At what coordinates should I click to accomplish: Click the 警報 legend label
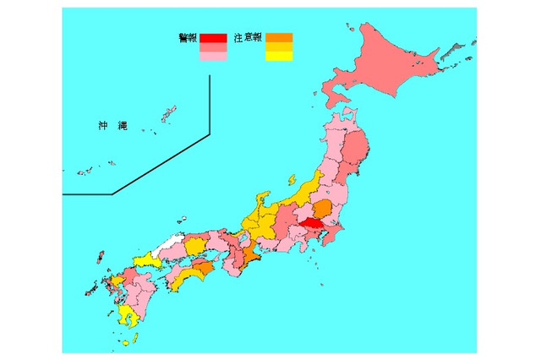click(188, 38)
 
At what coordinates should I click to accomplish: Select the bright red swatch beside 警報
click(213, 37)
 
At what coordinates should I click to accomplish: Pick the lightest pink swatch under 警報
click(213, 57)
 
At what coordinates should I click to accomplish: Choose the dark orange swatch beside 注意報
click(279, 37)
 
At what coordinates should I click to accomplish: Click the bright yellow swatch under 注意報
click(279, 57)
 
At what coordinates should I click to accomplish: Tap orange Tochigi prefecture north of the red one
click(322, 209)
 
